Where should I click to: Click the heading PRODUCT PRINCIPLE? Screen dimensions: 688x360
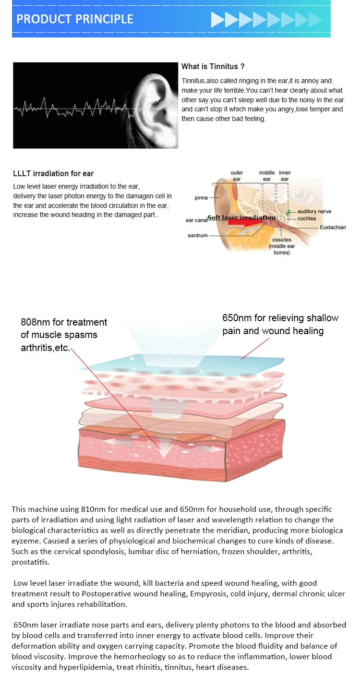[74, 19]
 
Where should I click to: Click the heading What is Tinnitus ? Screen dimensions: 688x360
[213, 67]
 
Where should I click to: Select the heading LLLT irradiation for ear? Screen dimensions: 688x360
[53, 174]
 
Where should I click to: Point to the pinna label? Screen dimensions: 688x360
[201, 198]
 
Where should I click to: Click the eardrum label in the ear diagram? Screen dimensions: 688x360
[197, 236]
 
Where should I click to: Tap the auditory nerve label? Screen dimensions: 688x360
[314, 211]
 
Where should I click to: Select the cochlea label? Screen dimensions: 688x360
[307, 218]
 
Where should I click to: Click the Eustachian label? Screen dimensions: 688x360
[333, 227]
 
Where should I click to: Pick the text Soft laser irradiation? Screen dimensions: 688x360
[241, 217]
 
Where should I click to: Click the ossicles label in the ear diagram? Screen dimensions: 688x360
[281, 240]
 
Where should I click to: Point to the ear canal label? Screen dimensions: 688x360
[196, 220]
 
